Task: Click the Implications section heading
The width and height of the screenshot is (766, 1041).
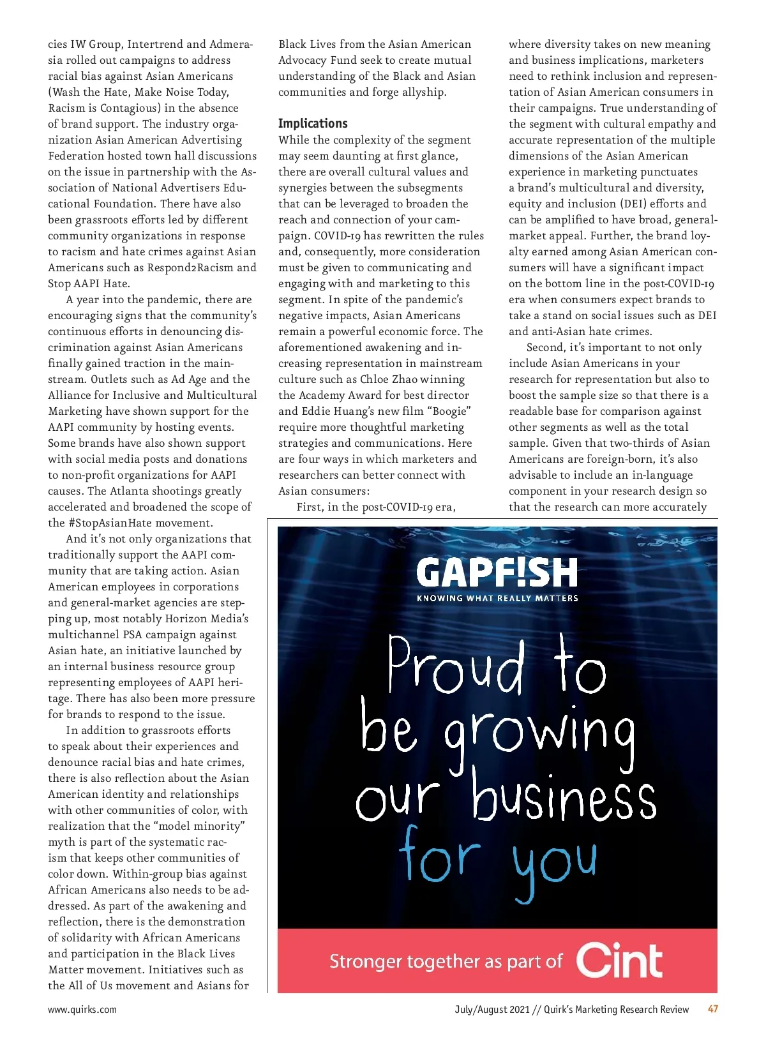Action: pyautogui.click(x=313, y=123)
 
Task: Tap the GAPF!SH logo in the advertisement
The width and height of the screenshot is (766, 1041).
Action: pyautogui.click(x=497, y=572)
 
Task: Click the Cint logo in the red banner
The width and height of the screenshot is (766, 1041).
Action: pyautogui.click(x=619, y=960)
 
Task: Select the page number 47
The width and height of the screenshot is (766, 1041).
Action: pyautogui.click(x=713, y=1009)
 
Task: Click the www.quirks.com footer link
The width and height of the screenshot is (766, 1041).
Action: pyautogui.click(x=82, y=1009)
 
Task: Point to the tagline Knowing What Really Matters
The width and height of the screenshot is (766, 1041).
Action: pyautogui.click(x=497, y=598)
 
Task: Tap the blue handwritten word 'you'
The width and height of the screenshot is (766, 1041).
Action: pyautogui.click(x=555, y=863)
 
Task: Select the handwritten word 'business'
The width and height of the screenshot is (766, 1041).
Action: pyautogui.click(x=564, y=795)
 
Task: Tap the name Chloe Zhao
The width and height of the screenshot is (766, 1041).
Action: pyautogui.click(x=389, y=379)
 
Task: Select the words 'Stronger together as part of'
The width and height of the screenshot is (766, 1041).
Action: pyautogui.click(x=446, y=961)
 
